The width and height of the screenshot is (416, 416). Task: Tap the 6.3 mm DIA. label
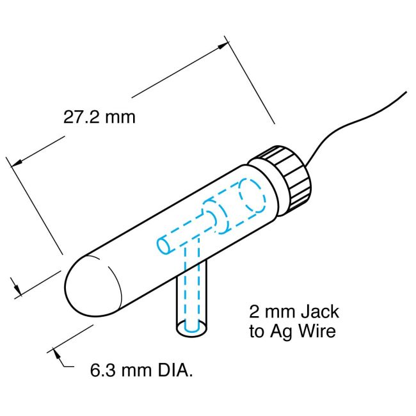(x=141, y=371)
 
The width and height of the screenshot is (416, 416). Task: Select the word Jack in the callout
(x=318, y=313)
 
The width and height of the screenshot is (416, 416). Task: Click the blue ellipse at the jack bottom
(x=191, y=328)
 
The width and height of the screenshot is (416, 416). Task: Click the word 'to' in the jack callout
(x=257, y=332)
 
